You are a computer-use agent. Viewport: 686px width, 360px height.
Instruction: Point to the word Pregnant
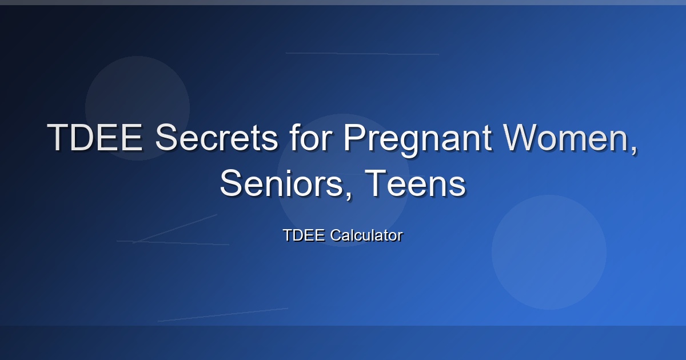418,140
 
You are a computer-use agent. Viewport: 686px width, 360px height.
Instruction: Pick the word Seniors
281,183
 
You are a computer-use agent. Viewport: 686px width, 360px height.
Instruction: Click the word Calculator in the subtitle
366,235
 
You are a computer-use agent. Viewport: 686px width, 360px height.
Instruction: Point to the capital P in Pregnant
356,137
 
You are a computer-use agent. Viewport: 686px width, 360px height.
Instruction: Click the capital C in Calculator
336,235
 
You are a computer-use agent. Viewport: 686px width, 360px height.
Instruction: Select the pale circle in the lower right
549,252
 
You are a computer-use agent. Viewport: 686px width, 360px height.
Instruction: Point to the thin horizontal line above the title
362,54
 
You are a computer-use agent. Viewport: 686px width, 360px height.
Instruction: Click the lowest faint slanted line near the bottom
223,315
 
